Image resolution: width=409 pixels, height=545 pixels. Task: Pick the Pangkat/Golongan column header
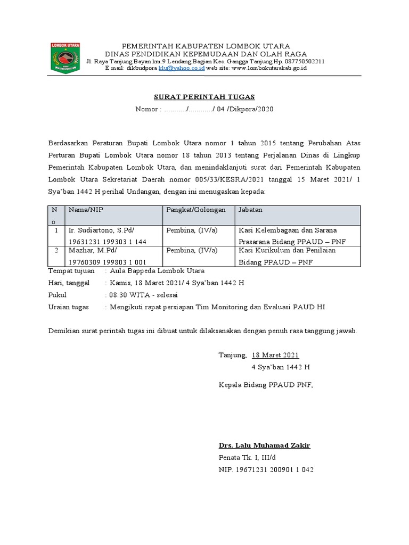(196, 210)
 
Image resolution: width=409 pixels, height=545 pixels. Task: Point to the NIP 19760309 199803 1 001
(107, 262)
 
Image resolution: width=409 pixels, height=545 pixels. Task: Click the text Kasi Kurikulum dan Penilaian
(287, 251)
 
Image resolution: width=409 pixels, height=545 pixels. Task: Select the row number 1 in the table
(56, 231)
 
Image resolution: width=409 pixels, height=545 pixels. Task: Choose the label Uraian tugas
(69, 307)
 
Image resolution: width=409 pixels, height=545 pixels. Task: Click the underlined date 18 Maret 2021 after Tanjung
(275, 355)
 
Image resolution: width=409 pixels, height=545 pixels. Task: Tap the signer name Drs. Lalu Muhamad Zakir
(264, 445)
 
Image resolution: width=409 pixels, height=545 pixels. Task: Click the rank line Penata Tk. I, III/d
(248, 457)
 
